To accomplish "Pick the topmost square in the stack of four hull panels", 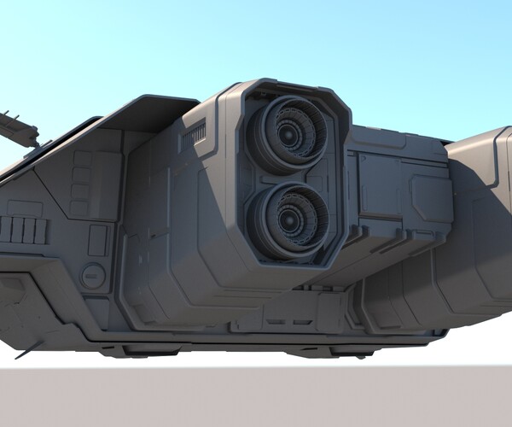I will [82, 159].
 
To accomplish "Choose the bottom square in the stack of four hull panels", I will [80, 208].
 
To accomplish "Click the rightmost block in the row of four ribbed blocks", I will [42, 230].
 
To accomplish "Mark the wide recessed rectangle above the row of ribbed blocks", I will [25, 208].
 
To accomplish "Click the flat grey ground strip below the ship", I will [256, 397].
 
